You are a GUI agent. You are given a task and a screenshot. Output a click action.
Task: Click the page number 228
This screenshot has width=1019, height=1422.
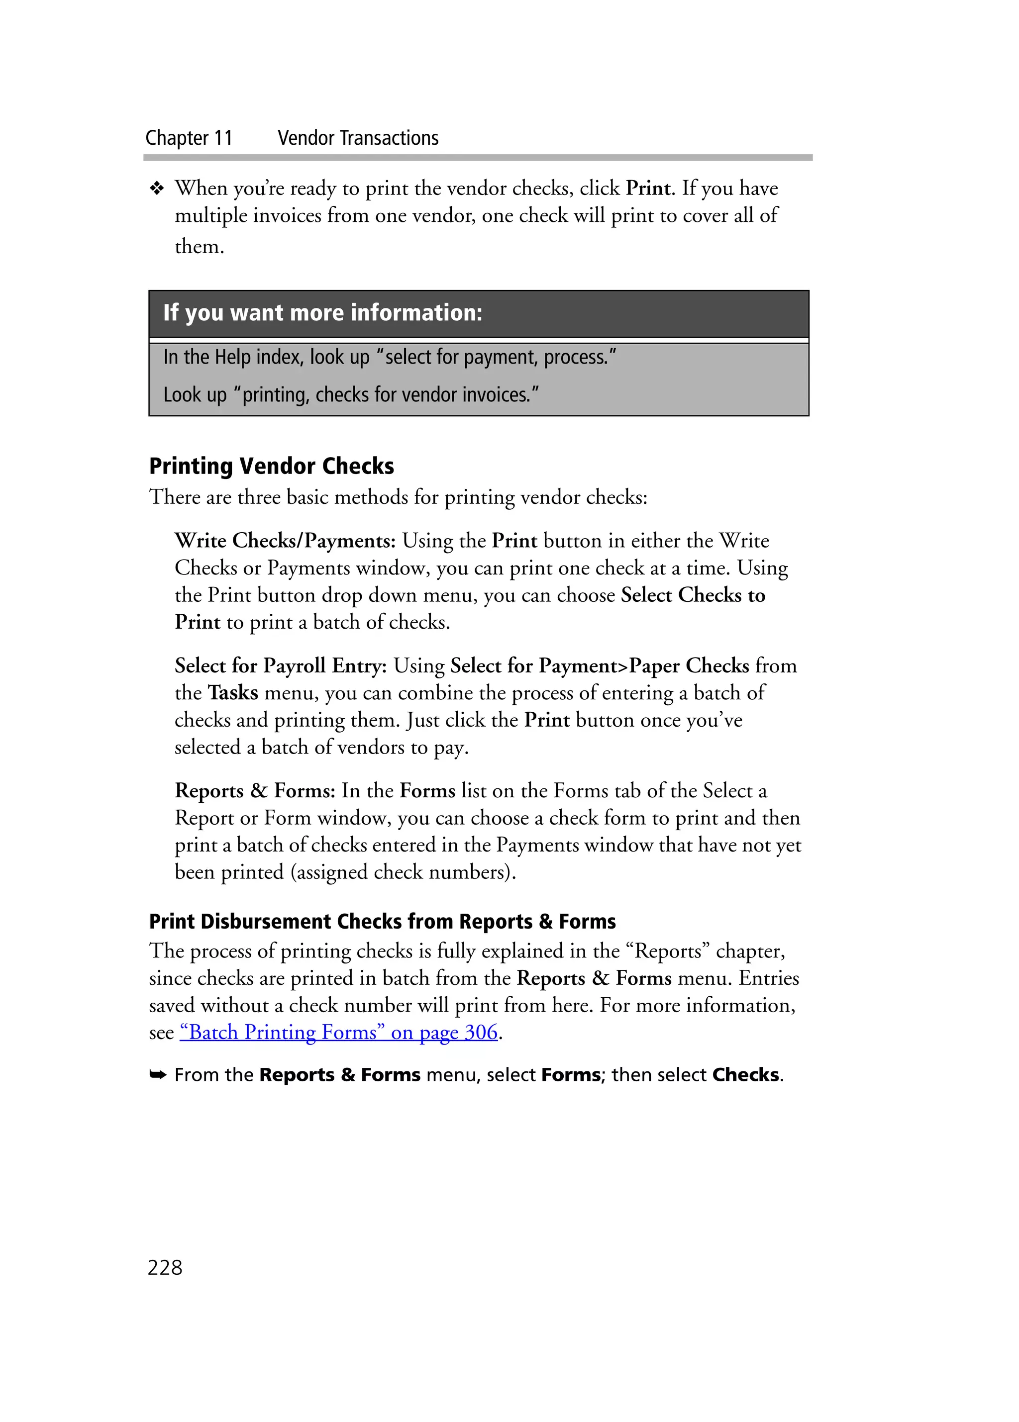point(165,1267)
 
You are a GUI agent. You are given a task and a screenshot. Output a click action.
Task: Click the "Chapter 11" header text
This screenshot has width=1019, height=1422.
point(189,138)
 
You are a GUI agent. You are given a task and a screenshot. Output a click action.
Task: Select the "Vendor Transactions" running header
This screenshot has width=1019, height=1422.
point(358,138)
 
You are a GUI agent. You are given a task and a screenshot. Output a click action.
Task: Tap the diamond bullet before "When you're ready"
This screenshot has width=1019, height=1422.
point(157,188)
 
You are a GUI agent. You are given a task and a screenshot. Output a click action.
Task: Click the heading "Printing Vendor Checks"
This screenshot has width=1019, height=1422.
point(272,467)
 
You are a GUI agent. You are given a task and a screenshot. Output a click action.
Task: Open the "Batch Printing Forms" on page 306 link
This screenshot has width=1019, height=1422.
point(339,1032)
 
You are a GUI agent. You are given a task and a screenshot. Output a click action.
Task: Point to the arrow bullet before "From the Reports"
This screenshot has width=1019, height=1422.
point(157,1075)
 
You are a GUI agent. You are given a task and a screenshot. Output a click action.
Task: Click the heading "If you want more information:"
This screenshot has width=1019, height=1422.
point(323,312)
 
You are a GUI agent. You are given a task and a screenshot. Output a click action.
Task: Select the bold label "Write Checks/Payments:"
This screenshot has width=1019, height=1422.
point(285,541)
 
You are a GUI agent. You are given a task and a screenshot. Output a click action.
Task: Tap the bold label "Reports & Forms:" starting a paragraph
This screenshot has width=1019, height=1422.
point(255,791)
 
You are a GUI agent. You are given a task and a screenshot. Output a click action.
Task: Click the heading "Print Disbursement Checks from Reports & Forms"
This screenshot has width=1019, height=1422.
point(383,922)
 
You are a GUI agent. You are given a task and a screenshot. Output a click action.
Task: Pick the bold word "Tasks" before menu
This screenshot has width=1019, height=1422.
point(233,693)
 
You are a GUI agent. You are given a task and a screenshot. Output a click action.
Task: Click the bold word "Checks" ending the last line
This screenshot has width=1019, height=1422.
point(746,1075)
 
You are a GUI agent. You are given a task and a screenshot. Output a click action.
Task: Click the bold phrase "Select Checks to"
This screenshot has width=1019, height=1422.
point(693,595)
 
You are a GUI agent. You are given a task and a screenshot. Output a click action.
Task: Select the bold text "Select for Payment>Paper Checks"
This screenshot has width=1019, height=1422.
point(600,665)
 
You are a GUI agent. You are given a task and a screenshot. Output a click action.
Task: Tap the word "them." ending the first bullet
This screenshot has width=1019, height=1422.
point(200,246)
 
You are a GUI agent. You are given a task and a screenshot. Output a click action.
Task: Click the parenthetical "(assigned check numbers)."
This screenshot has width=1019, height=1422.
point(403,872)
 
